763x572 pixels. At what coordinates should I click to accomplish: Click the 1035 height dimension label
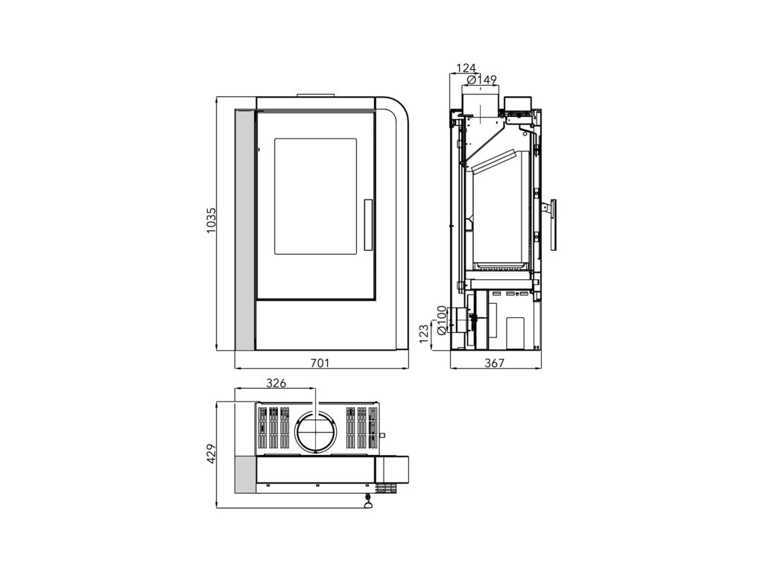coord(212,221)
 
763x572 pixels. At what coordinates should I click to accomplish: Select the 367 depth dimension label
coord(495,363)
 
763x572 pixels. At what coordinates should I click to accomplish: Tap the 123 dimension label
coord(424,332)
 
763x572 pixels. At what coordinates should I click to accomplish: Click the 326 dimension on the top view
coord(276,384)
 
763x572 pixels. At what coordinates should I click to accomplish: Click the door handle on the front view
coord(367,224)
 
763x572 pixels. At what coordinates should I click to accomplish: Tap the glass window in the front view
coord(315,196)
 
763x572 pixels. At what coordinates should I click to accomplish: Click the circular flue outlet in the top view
coord(316,432)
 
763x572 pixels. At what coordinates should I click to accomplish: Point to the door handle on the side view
coord(552,224)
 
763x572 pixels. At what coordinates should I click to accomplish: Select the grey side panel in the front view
coord(244,230)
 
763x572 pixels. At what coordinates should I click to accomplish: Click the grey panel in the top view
coord(244,474)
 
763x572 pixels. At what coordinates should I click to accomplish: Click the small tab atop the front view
coord(316,95)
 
